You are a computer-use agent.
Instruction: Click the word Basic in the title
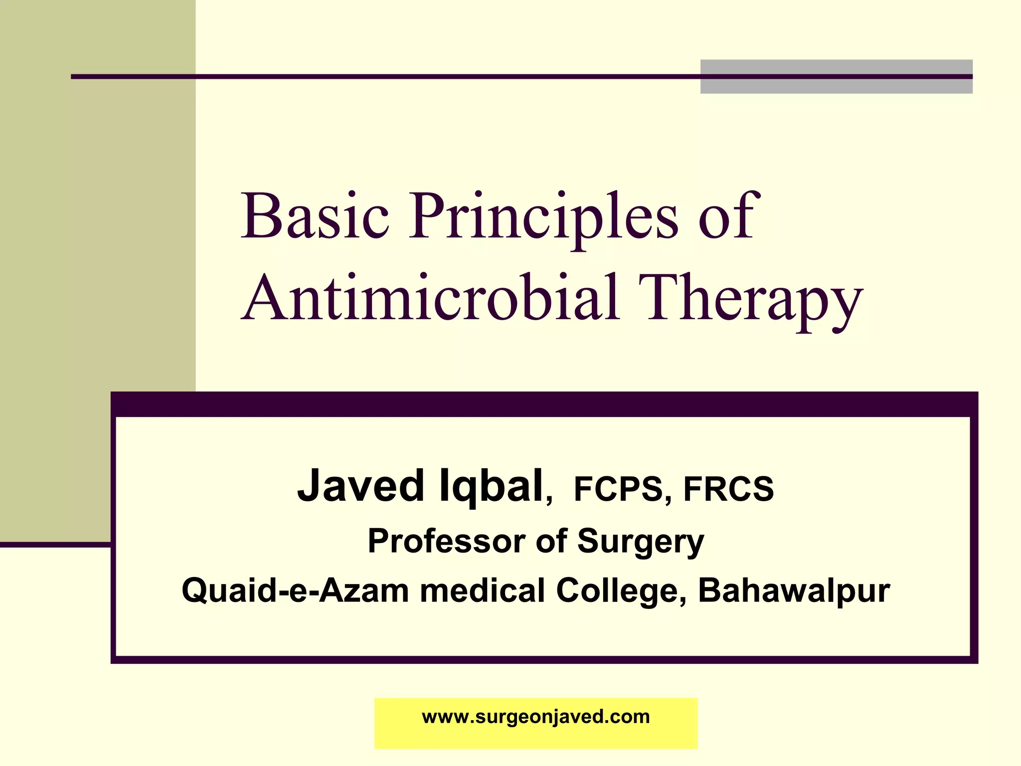click(x=314, y=217)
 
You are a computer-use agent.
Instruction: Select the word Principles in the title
click(x=543, y=219)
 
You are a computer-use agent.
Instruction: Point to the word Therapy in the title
click(x=750, y=302)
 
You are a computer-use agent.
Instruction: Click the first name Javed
click(x=360, y=486)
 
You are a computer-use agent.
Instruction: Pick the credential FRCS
click(x=728, y=489)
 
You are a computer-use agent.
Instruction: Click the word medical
click(x=482, y=591)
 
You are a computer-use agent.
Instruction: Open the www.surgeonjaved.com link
click(x=536, y=717)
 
